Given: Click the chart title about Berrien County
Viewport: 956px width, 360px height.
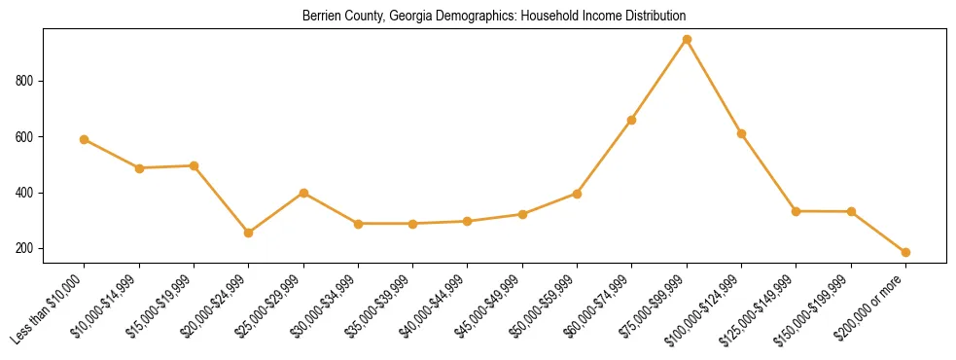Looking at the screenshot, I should pyautogui.click(x=494, y=17).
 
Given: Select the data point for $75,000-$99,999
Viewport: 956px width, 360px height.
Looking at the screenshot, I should pyautogui.click(x=687, y=40).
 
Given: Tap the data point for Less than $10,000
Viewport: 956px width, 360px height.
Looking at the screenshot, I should pyautogui.click(x=85, y=139).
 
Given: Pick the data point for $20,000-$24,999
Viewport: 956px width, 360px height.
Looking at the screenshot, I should pyautogui.click(x=249, y=233).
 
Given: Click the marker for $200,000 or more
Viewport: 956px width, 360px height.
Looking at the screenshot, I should pyautogui.click(x=905, y=252).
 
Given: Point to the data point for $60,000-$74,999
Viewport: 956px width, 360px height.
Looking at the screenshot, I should pyautogui.click(x=632, y=120).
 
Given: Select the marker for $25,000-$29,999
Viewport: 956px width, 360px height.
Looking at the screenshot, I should pyautogui.click(x=303, y=193).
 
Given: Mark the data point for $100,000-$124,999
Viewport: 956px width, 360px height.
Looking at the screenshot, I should pyautogui.click(x=741, y=133).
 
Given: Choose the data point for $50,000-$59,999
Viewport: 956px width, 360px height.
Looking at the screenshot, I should pyautogui.click(x=577, y=194).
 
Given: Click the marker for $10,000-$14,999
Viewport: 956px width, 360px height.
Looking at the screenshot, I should pyautogui.click(x=139, y=168).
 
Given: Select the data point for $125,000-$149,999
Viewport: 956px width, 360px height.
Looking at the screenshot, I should pyautogui.click(x=797, y=211).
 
